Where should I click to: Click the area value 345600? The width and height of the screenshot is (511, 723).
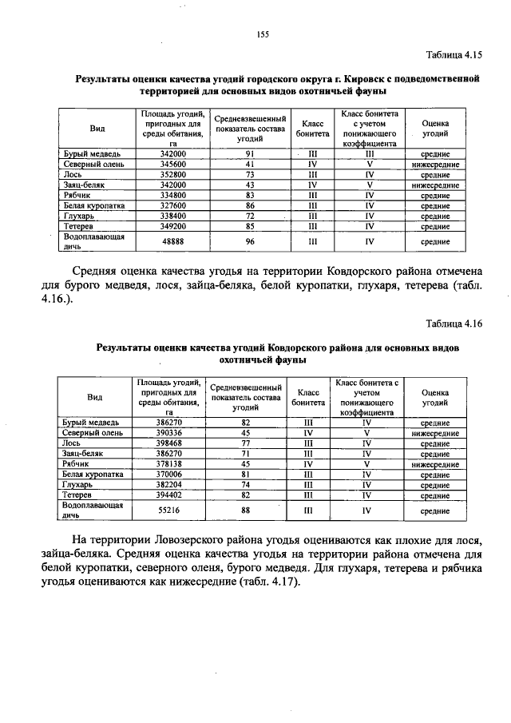(x=172, y=164)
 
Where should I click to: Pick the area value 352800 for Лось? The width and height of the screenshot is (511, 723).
(x=172, y=174)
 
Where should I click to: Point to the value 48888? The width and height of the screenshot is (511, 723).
(x=172, y=241)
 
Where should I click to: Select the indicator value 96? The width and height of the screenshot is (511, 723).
(x=250, y=241)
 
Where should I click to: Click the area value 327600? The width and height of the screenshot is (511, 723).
(x=172, y=205)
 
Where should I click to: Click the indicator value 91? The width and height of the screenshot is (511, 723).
(x=250, y=153)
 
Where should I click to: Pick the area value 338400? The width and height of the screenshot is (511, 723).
(x=172, y=216)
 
